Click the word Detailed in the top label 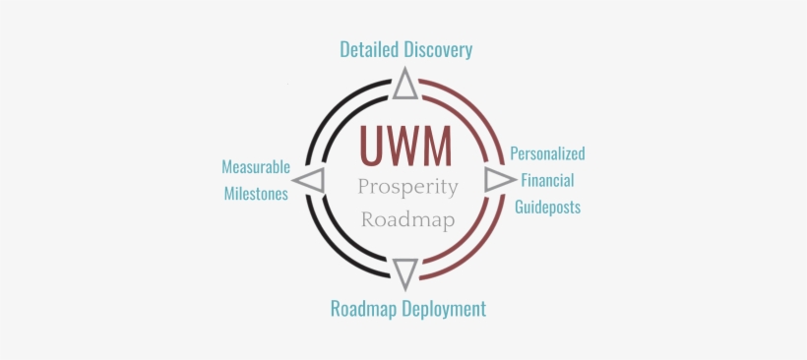(369, 49)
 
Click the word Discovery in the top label (436, 49)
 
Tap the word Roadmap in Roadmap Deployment (361, 309)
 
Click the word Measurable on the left (256, 167)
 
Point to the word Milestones (255, 194)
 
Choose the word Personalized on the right (547, 154)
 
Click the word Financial (547, 181)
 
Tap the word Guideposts (547, 208)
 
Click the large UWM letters (406, 147)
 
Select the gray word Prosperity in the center (407, 187)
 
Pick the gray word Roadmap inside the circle (407, 218)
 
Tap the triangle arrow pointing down (405, 272)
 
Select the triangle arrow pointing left (311, 181)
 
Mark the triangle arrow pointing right (498, 179)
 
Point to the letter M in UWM (438, 147)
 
